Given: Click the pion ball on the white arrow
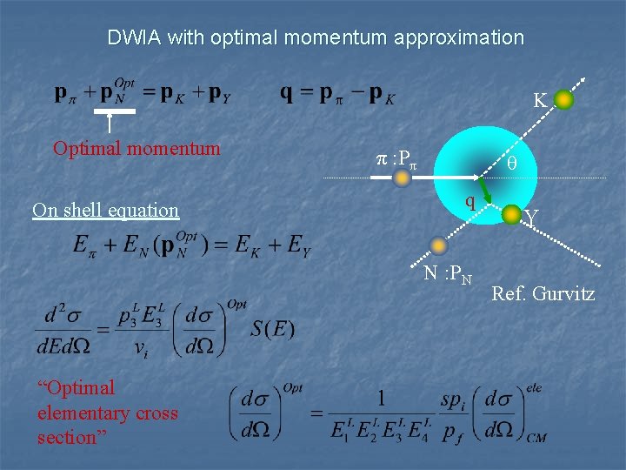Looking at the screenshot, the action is (402, 178).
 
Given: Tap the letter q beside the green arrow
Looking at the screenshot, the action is (469, 203).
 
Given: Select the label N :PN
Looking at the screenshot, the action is (448, 274).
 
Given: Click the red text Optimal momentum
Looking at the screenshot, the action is (137, 148).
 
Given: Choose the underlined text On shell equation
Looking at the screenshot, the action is (105, 210).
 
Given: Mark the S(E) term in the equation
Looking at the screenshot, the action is (274, 328).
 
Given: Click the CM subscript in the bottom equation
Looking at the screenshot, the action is (536, 438).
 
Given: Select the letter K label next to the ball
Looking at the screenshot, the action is (540, 102).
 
